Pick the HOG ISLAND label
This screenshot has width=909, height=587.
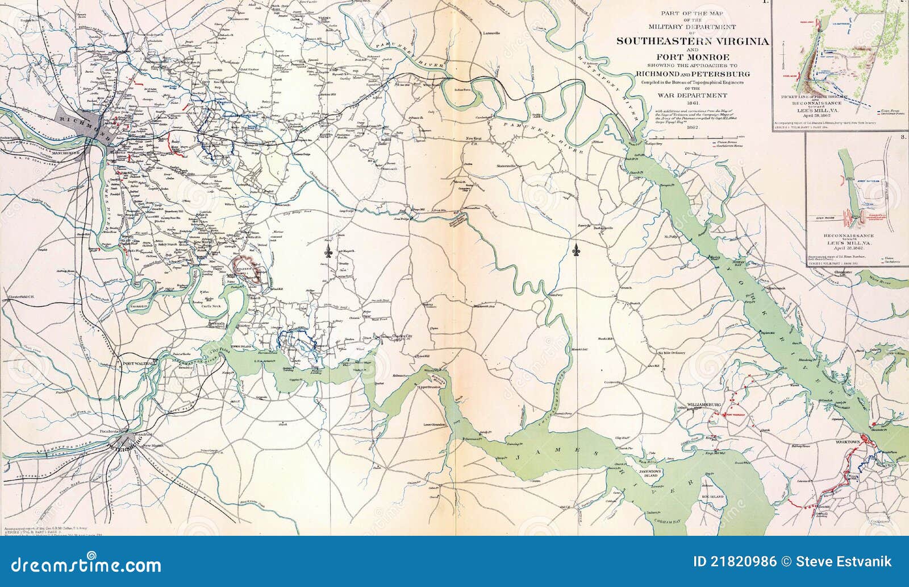tap(712, 497)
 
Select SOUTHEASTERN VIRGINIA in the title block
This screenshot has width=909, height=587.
tap(693, 41)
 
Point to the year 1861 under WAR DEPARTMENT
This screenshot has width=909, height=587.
tap(693, 103)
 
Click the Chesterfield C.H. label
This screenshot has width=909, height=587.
tap(20, 296)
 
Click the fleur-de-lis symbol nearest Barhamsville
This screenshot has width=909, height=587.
tap(576, 249)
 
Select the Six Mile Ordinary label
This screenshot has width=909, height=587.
tap(672, 353)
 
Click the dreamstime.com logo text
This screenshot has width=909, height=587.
tap(86, 565)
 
